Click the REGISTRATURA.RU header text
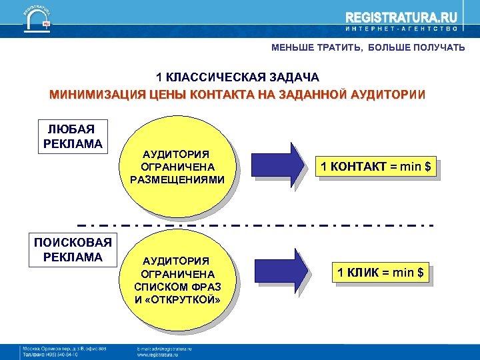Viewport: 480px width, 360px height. coord(402,17)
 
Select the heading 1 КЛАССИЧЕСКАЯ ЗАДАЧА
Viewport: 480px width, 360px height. coord(237,78)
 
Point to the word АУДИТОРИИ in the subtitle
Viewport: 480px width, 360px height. coord(387,94)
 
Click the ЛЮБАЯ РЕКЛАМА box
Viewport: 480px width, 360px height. coord(73,136)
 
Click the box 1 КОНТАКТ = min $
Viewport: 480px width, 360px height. coord(379,166)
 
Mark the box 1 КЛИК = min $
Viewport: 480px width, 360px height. coord(380,273)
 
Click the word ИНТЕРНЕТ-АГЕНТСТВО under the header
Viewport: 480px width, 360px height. coord(402,30)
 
